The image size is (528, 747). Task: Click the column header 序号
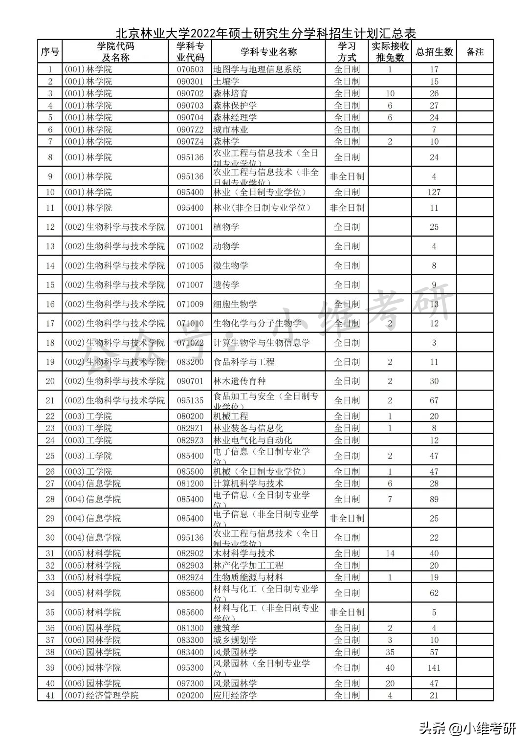(50, 52)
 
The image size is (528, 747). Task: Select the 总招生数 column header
(434, 52)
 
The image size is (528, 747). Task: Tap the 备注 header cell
(475, 52)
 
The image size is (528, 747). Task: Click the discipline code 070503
(190, 69)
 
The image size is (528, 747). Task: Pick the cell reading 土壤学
(226, 82)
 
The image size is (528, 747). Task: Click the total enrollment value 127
(434, 192)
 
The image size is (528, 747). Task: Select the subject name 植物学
(226, 227)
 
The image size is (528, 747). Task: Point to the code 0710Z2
(190, 343)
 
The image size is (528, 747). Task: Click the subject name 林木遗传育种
(240, 381)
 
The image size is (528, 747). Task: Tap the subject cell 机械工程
(231, 417)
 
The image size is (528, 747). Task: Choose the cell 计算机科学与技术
(248, 483)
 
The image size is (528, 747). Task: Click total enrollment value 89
(434, 499)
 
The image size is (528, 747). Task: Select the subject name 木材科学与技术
(244, 553)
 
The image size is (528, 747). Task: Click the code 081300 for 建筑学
(190, 628)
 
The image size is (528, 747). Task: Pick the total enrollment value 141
(434, 668)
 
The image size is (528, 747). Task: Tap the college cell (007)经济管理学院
(102, 695)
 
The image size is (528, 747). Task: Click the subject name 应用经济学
(235, 695)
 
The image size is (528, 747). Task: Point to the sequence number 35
(50, 612)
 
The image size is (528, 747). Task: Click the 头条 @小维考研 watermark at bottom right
(467, 729)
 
